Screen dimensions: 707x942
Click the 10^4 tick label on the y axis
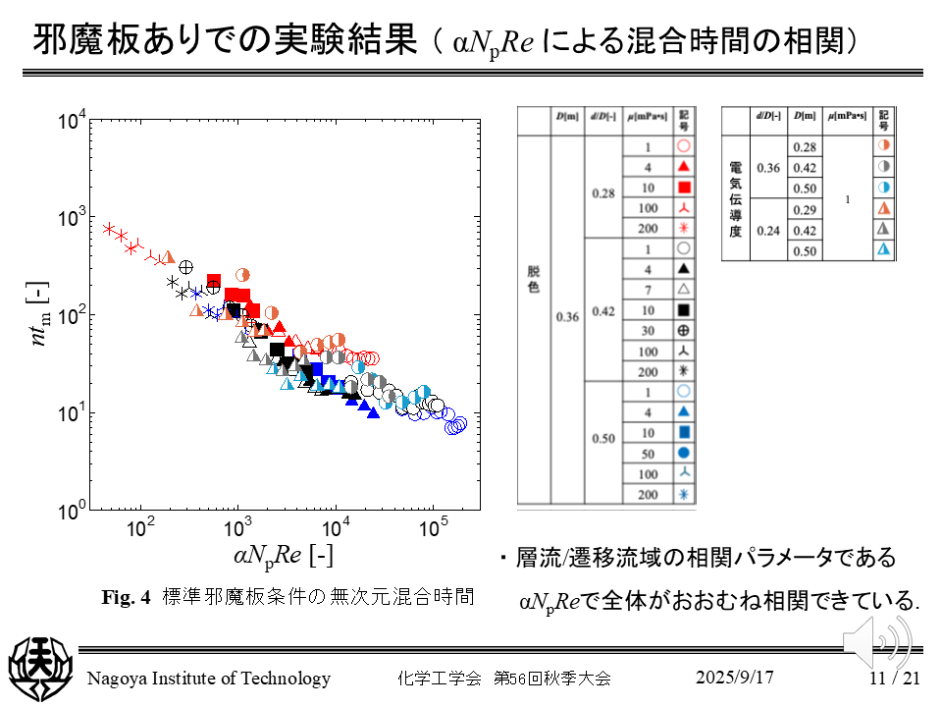point(72,122)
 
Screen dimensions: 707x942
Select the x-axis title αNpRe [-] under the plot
point(284,557)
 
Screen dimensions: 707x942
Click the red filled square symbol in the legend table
point(684,187)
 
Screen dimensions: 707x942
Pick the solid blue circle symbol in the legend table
point(684,453)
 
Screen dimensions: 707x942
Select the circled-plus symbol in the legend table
point(684,331)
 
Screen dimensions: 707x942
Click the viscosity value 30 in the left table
point(648,331)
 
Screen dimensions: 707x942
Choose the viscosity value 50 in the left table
point(648,453)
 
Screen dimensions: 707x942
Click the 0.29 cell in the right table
point(805,210)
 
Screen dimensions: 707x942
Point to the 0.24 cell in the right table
point(768,231)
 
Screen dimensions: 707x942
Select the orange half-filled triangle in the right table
point(884,209)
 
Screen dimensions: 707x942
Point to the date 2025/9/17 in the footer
point(735,678)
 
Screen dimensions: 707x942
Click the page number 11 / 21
point(894,678)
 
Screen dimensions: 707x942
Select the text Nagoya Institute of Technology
point(209,679)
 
